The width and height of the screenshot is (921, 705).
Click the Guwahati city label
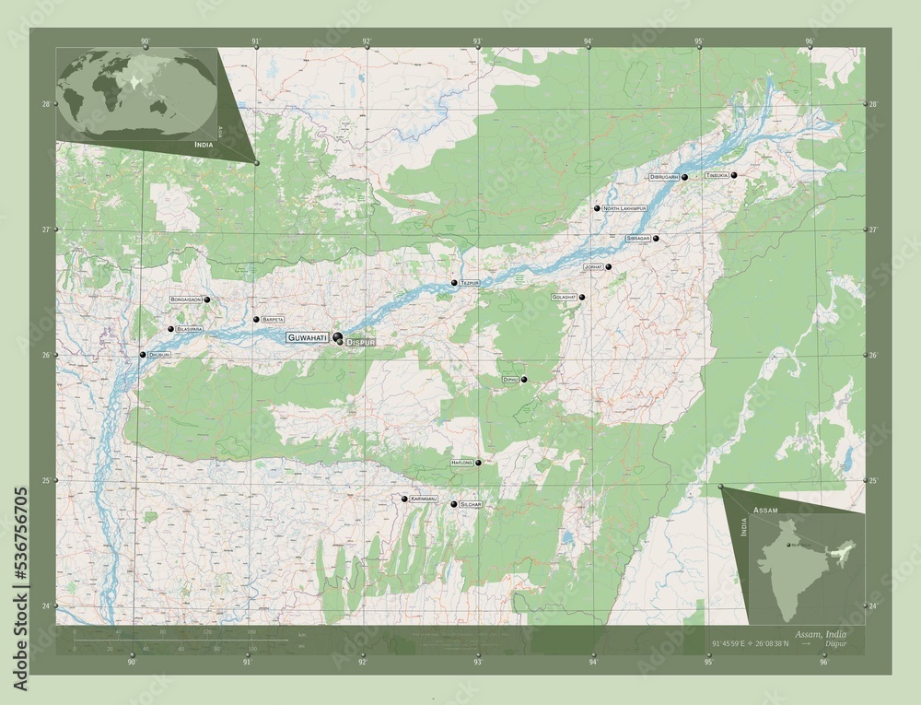pos(308,338)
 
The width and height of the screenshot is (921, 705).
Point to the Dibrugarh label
pos(664,176)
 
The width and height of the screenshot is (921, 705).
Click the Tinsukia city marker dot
pos(734,174)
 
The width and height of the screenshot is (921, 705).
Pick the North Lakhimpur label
pos(624,209)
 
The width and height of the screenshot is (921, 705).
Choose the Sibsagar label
pos(638,239)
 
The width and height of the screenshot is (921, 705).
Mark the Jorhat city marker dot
pos(608,266)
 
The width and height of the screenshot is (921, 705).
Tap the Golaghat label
pos(564,298)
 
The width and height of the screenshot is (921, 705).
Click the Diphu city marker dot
pos(524,380)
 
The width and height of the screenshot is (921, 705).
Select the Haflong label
pos(462,462)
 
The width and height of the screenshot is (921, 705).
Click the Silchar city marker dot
pos(453,504)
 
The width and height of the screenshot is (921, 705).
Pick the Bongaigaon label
pos(186,300)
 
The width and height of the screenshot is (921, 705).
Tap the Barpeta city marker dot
pos(256,319)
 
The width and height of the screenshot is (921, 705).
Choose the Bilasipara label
pos(191,329)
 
